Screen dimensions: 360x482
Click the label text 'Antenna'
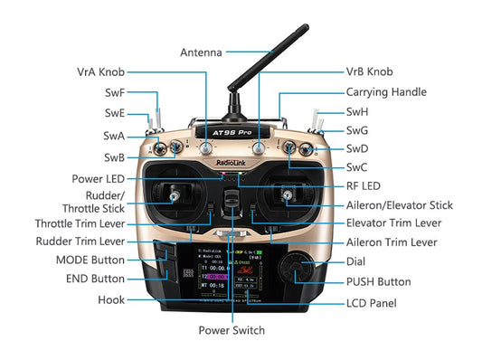pos(201,52)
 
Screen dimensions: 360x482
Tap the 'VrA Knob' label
pos(100,71)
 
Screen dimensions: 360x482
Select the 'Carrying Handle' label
pos(385,92)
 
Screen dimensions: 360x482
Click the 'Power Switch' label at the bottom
pos(232,330)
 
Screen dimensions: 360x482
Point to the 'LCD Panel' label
pos(371,303)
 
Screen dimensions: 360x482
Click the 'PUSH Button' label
pos(378,282)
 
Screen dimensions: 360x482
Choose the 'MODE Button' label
pos(89,261)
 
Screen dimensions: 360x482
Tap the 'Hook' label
pos(110,298)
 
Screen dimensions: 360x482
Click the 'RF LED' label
pos(364,186)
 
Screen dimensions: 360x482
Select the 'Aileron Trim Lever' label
pos(392,242)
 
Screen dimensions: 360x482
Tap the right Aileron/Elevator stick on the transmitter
pos(287,194)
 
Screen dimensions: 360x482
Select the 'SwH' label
pos(357,112)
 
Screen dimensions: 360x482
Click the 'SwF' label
pos(115,92)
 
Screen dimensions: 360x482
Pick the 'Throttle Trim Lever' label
pos(80,223)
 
